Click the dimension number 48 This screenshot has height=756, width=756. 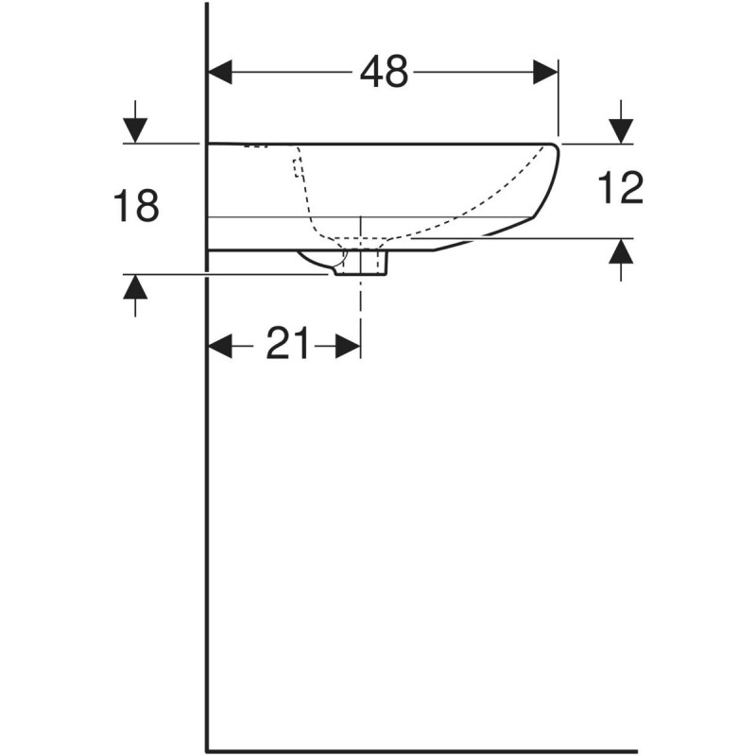click(384, 72)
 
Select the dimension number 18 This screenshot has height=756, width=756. click(136, 206)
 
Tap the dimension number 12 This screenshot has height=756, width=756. click(621, 188)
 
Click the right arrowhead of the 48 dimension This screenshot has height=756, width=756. click(546, 72)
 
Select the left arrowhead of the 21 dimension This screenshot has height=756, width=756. click(220, 347)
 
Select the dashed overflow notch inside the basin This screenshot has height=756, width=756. click(298, 168)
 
